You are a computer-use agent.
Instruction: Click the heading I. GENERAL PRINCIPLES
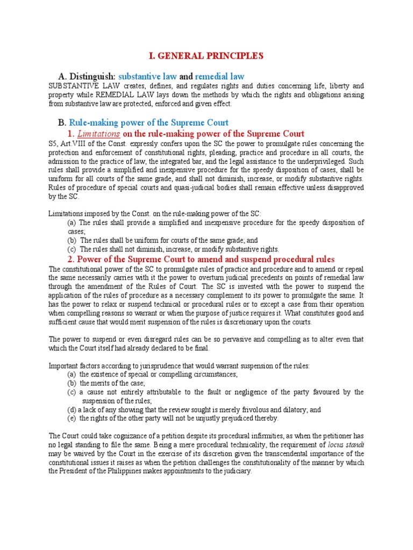coord(206,56)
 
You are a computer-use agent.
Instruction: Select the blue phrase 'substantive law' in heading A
coord(147,76)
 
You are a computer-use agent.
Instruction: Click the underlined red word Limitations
coord(99,134)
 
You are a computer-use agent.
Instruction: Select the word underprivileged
coord(323,161)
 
